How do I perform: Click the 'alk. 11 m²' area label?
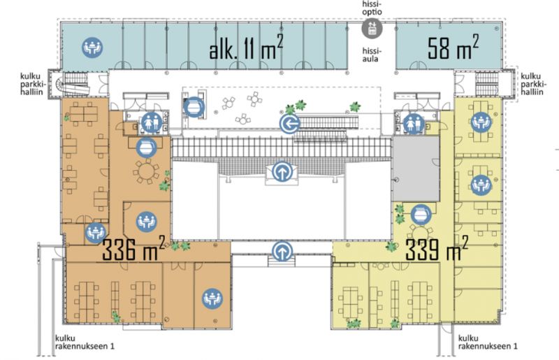(x=246, y=48)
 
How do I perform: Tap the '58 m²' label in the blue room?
(x=453, y=46)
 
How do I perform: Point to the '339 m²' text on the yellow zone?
(x=437, y=248)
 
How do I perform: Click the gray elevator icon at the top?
(x=372, y=28)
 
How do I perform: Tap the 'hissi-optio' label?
(x=372, y=8)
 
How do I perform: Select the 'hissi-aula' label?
(x=370, y=55)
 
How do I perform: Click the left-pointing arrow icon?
(x=290, y=124)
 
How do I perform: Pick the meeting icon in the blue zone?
(x=93, y=48)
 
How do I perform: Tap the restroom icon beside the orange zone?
(x=152, y=122)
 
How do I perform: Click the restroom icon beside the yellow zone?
(x=414, y=124)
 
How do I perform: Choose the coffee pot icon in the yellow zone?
(x=421, y=215)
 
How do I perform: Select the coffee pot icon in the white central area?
(x=194, y=107)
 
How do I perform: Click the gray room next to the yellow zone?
(x=416, y=169)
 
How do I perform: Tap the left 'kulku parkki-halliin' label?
(x=32, y=84)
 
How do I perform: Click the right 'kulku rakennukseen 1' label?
(x=488, y=342)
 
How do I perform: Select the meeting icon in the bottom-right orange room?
(x=212, y=298)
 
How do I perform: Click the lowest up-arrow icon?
(x=283, y=252)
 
